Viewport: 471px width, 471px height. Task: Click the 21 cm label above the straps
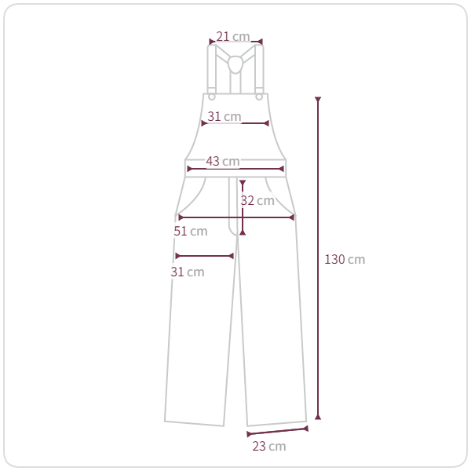[233, 37]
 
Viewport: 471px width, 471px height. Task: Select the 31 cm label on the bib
[225, 116]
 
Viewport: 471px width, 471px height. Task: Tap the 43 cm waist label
[223, 161]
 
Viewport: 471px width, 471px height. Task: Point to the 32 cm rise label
[257, 201]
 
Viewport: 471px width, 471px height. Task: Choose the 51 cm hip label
[191, 232]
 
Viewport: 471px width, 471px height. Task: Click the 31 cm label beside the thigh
[188, 272]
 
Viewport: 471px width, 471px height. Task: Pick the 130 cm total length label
[345, 260]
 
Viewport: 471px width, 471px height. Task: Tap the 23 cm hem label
[269, 447]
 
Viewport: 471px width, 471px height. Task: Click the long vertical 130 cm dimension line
[318, 258]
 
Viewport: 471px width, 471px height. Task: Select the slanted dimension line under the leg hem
[278, 431]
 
